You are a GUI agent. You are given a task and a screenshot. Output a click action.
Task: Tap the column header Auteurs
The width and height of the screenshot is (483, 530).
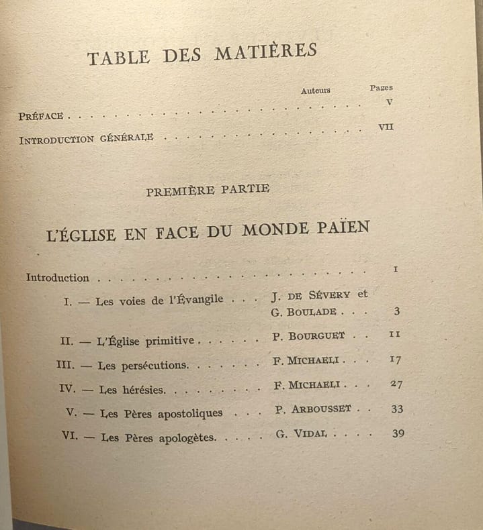tap(315, 91)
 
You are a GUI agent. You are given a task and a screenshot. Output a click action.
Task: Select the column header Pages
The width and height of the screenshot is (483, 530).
tap(381, 87)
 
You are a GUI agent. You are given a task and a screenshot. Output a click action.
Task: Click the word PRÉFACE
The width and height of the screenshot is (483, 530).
tap(41, 116)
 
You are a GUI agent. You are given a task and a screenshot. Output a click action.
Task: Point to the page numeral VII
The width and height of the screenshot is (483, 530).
tap(386, 127)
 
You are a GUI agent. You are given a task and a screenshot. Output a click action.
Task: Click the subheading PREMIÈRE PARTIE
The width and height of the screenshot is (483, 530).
tap(208, 191)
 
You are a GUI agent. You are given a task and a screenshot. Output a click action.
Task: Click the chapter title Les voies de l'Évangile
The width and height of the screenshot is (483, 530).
tap(159, 301)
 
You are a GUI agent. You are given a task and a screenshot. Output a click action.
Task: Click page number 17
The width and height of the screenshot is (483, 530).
tap(395, 360)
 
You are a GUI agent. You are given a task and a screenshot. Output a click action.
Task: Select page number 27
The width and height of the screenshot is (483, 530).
tap(396, 384)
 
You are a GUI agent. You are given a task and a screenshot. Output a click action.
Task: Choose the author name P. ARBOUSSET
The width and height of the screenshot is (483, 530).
tap(313, 409)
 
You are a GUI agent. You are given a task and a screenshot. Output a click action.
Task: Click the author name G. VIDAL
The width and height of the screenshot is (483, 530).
tap(301, 433)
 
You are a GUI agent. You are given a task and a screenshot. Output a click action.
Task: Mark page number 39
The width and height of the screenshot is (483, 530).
tap(398, 433)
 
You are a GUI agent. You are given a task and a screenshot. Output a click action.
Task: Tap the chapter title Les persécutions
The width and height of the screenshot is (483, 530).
tap(143, 366)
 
